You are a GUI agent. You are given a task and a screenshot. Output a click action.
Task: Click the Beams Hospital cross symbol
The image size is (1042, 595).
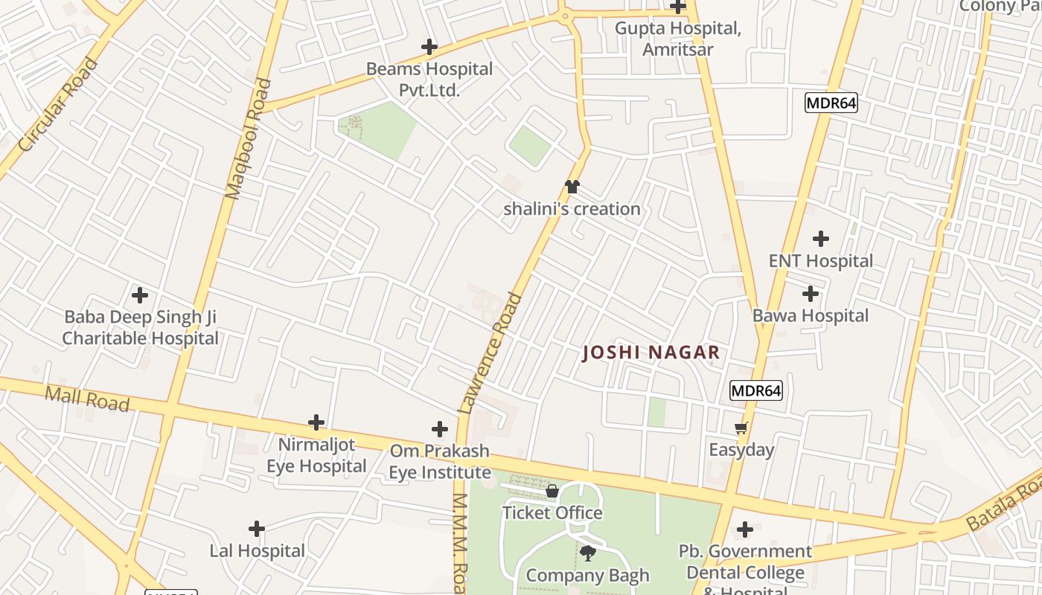(429, 47)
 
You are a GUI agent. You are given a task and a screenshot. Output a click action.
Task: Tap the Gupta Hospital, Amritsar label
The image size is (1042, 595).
(677, 39)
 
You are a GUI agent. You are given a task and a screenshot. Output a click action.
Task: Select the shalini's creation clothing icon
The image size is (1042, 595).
(572, 187)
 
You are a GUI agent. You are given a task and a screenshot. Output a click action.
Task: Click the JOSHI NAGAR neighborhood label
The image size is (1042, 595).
(651, 353)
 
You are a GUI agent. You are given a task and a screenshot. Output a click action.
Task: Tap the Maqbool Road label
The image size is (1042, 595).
(249, 138)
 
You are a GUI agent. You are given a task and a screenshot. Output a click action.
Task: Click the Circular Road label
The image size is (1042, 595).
(58, 105)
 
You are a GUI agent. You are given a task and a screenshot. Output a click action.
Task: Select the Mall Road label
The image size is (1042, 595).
(87, 398)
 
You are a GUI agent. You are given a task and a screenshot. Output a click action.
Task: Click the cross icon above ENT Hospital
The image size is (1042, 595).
(821, 239)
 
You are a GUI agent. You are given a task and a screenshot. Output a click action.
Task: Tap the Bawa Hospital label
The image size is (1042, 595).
(811, 315)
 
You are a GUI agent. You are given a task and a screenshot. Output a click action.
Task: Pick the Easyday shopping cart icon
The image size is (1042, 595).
(741, 428)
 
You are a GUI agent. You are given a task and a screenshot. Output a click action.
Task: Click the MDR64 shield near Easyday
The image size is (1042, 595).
(756, 390)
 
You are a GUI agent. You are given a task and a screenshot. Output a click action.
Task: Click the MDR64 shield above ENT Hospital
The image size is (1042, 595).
(831, 103)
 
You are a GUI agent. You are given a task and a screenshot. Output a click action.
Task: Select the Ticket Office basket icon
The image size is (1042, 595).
(552, 491)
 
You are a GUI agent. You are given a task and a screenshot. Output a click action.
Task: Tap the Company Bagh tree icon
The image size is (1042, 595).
(588, 553)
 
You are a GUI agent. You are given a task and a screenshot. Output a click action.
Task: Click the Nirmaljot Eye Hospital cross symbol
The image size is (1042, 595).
(316, 422)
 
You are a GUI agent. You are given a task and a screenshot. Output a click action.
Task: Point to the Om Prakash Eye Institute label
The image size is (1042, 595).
(440, 461)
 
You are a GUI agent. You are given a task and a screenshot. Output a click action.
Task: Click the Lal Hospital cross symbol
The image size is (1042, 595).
(257, 529)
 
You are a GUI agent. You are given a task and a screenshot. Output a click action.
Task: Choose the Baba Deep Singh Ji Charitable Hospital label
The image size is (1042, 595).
(140, 327)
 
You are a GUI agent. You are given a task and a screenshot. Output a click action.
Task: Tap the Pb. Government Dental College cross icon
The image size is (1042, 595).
(745, 530)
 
